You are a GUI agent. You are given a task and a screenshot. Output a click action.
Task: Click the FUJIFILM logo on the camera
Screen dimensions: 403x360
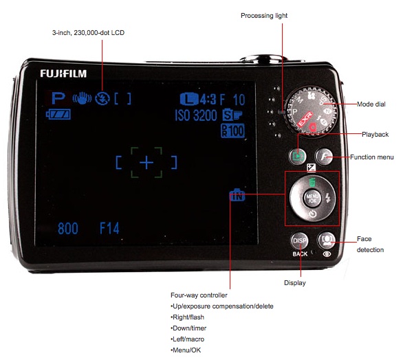click(63, 74)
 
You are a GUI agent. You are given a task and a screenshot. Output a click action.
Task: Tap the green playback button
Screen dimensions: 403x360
click(297, 156)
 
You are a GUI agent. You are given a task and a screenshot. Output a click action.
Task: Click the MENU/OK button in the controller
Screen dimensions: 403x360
click(312, 199)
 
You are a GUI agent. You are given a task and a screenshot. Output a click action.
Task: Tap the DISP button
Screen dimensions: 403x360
click(300, 241)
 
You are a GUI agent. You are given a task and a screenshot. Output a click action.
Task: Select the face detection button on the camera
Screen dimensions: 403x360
click(327, 240)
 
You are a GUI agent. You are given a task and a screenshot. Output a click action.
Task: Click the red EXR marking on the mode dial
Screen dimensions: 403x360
click(305, 119)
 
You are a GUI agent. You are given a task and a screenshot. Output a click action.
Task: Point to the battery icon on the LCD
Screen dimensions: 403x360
click(58, 114)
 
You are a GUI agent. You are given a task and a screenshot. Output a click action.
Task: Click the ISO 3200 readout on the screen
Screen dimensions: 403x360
click(196, 115)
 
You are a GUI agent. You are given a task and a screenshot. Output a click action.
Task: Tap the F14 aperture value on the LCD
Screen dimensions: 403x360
click(109, 228)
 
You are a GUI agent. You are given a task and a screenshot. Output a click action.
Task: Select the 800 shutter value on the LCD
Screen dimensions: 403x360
click(68, 228)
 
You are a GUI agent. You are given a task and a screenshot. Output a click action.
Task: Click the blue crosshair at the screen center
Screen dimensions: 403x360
click(146, 162)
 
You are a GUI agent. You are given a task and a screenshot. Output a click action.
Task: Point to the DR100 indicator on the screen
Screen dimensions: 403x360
click(232, 131)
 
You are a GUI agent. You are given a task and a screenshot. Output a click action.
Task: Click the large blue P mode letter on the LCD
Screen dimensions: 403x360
click(58, 98)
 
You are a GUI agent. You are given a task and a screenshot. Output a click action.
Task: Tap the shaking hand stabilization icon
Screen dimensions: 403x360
click(82, 98)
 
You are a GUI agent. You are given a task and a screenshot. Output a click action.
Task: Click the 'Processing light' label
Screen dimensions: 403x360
click(264, 16)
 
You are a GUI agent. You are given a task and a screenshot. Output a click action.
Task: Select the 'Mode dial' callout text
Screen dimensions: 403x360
click(371, 104)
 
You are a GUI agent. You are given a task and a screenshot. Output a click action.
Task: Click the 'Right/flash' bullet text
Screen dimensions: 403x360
click(187, 317)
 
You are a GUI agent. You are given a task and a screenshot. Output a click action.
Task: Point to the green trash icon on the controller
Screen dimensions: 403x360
click(312, 182)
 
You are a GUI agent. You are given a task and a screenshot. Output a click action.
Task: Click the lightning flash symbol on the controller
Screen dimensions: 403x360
click(327, 198)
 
